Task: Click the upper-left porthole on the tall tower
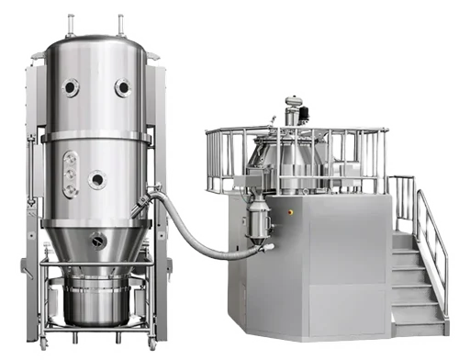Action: coord(71,87)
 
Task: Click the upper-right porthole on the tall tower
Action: coord(122,87)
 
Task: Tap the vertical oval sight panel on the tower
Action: coord(70,174)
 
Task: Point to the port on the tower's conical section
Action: coord(98,242)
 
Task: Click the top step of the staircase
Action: coord(402,236)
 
